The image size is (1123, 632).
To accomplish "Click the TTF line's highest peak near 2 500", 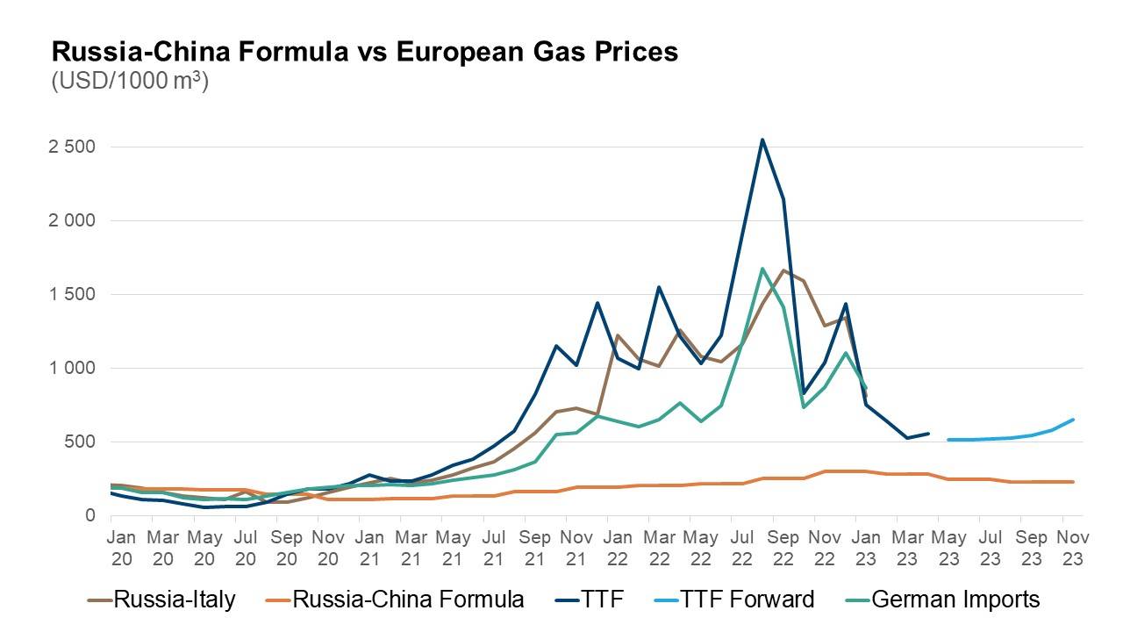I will (762, 140).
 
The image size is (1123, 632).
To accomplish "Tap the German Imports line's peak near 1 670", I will (762, 269).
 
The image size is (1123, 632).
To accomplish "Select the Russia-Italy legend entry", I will (162, 600).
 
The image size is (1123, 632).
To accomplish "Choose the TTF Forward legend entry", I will (733, 600).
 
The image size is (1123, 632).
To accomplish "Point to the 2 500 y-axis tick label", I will (72, 147).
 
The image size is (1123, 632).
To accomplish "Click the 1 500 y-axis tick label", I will (72, 294).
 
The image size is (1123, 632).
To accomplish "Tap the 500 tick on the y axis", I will (81, 442).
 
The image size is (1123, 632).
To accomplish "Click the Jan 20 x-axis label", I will (121, 547).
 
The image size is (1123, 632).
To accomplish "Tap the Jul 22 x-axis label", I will (740, 547).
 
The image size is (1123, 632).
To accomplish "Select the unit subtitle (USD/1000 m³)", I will (130, 82).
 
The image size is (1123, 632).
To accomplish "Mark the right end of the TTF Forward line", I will (1074, 420).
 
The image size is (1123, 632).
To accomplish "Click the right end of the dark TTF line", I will (928, 433).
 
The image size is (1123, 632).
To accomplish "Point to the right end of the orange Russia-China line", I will (1074, 482).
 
